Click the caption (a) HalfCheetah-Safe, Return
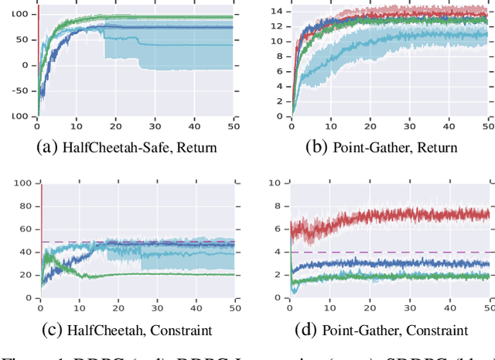pos(127,147)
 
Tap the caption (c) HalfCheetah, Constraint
pos(127,331)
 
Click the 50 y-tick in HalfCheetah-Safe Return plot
pos(26,39)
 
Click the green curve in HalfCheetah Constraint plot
pos(155,273)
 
